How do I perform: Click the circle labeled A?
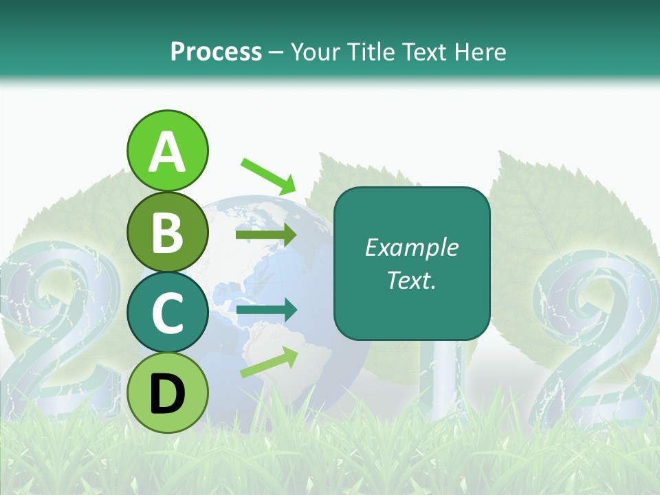[x=167, y=151]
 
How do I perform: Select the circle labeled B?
[x=167, y=232]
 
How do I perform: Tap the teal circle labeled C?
[x=167, y=312]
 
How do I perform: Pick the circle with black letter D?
[x=167, y=393]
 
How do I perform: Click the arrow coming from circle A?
[x=268, y=175]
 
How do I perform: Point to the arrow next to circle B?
[x=266, y=235]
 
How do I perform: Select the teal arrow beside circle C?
[x=266, y=311]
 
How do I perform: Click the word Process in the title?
[x=216, y=52]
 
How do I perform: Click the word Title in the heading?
[x=372, y=52]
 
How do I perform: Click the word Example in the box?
[x=411, y=247]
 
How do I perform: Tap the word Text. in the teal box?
[x=411, y=280]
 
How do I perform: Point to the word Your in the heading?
[x=316, y=52]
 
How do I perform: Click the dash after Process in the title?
[x=276, y=53]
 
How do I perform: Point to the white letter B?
[x=167, y=232]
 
